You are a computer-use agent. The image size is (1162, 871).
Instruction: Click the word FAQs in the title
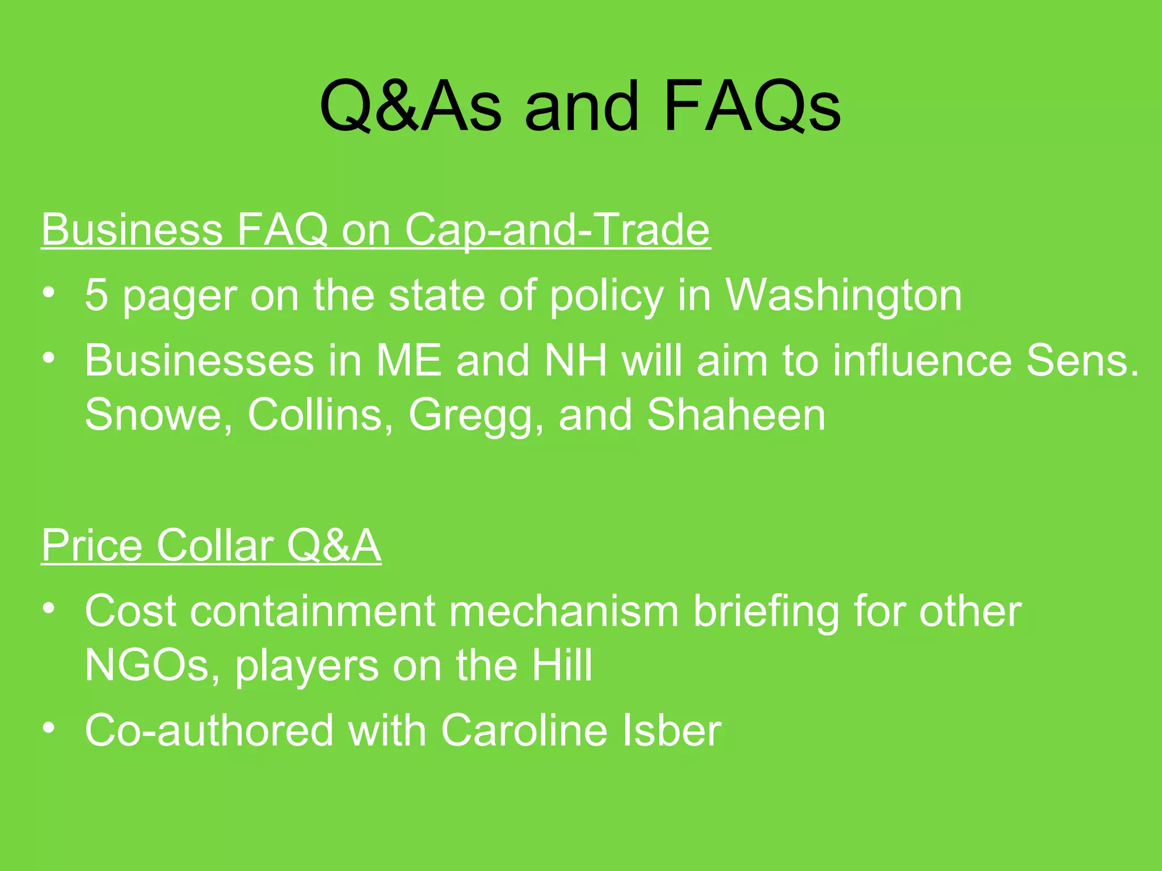click(x=752, y=106)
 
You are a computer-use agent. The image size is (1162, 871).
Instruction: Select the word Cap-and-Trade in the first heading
click(x=557, y=230)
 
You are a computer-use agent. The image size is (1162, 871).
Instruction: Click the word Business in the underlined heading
click(x=132, y=230)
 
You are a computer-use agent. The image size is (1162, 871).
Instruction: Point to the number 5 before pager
click(x=96, y=295)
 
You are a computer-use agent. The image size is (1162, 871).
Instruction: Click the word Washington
click(x=844, y=295)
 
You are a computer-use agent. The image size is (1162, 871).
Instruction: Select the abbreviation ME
click(x=409, y=361)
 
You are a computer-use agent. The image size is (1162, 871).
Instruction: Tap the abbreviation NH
click(x=575, y=361)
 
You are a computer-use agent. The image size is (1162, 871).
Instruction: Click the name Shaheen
click(x=736, y=415)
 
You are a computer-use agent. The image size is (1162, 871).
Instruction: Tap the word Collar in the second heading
click(x=216, y=546)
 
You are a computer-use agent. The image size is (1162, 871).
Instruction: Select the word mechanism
click(x=564, y=611)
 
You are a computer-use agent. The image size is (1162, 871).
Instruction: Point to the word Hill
click(x=562, y=665)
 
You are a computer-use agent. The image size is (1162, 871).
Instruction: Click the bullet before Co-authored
click(x=49, y=727)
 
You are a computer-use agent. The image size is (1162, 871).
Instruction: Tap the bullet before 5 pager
click(x=49, y=293)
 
